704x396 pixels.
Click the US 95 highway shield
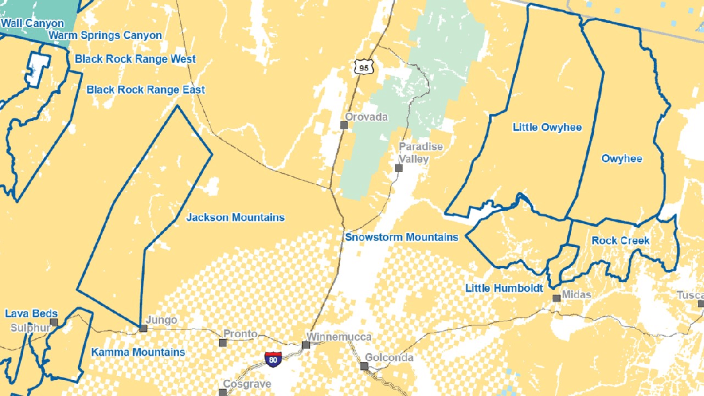pos(364,67)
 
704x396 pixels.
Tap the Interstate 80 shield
pos(273,358)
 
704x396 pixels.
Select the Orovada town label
pos(367,117)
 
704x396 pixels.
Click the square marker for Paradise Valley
pos(399,168)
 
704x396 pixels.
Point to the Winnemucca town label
pos(339,337)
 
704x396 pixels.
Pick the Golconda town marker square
pos(364,367)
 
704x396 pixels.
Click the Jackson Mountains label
pos(236,218)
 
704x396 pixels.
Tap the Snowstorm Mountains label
pos(402,237)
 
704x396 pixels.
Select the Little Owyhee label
pos(547,127)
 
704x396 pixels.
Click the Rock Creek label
pos(620,241)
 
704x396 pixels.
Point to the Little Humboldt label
pos(504,288)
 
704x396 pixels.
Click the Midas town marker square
pos(556,298)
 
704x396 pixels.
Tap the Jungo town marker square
pos(143,329)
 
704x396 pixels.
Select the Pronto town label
pos(240,334)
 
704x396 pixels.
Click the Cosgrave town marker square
pos(223,393)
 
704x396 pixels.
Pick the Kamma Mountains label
pos(138,352)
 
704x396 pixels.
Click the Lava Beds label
pos(28,313)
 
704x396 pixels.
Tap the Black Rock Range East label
pos(145,90)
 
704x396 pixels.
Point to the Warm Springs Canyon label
pos(105,35)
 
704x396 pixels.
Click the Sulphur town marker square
pos(54,322)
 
